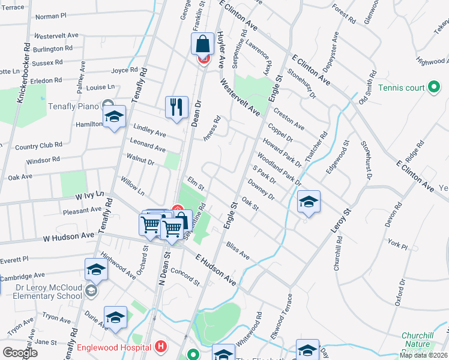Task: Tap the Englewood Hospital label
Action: click(114, 347)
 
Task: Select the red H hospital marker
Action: click(160, 346)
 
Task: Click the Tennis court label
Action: click(402, 88)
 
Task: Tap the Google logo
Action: click(20, 353)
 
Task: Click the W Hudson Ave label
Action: click(68, 237)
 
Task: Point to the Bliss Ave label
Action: click(238, 251)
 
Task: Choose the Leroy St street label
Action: click(340, 221)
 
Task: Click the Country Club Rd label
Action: click(38, 146)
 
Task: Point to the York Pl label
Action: click(397, 245)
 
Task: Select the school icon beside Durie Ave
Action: click(115, 317)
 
